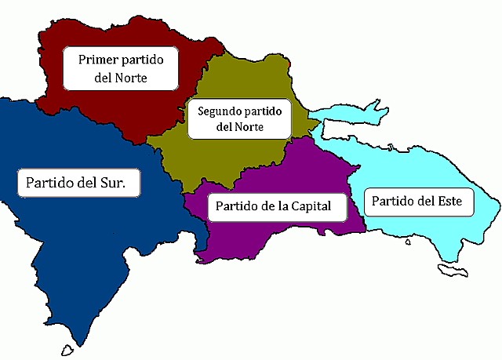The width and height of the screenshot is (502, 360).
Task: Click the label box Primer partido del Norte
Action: pos(121,68)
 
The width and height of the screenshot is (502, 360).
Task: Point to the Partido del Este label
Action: pos(417,202)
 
